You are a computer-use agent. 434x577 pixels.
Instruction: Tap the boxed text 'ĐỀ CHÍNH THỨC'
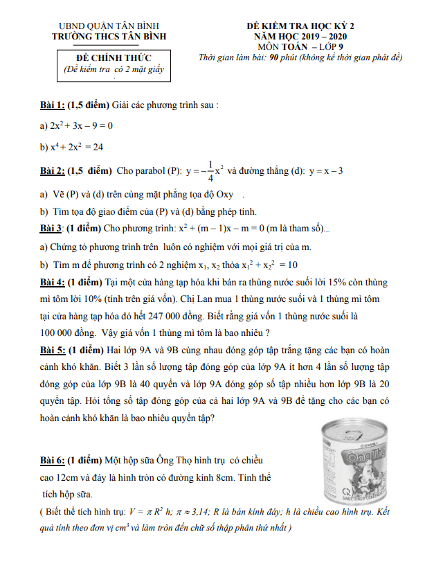click(114, 57)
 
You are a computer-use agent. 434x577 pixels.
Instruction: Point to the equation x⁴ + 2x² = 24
click(75, 148)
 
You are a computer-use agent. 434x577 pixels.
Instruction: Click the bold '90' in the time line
click(275, 57)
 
